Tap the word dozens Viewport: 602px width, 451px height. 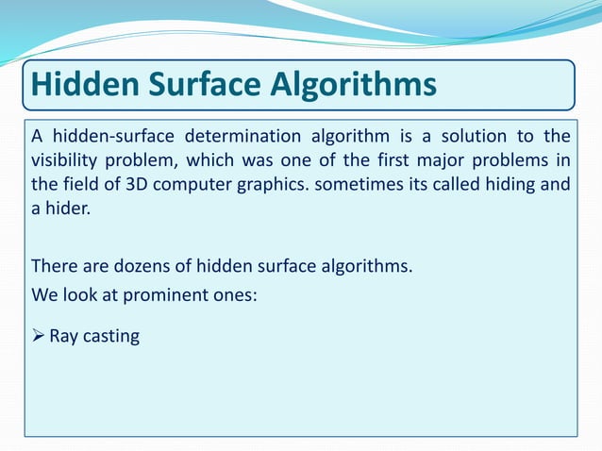(x=132, y=265)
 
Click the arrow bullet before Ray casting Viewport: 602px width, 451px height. (x=38, y=335)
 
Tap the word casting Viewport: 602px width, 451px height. (x=111, y=336)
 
